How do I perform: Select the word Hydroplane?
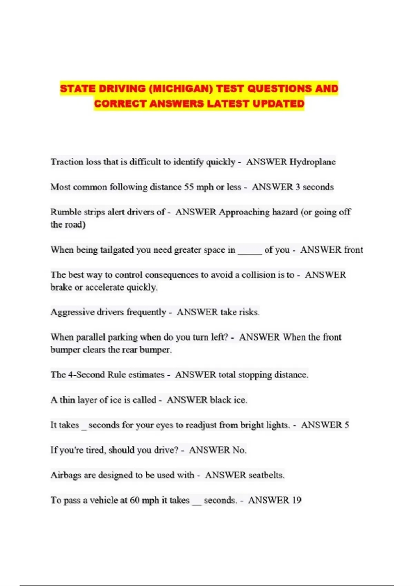[x=312, y=162]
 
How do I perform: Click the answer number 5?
[x=347, y=425]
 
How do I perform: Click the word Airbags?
[x=66, y=475]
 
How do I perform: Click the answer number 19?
[x=297, y=500]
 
